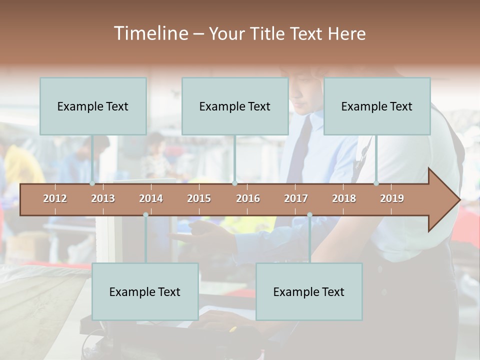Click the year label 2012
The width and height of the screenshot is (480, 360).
click(x=55, y=198)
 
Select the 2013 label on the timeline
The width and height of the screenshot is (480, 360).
click(x=103, y=198)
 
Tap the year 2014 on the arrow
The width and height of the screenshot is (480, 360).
click(x=151, y=198)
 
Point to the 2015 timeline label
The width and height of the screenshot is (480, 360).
click(x=199, y=198)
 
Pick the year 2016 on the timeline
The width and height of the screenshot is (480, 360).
click(x=248, y=198)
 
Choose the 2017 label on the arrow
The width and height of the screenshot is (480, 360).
click(x=296, y=198)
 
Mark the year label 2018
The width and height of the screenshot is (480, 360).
click(x=344, y=198)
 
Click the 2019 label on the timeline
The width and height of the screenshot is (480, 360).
click(x=392, y=198)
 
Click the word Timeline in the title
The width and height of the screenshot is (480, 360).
click(x=150, y=33)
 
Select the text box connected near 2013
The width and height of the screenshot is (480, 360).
click(x=93, y=106)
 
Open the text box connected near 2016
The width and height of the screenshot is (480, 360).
click(x=235, y=106)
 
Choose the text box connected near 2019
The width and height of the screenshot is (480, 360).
click(x=377, y=106)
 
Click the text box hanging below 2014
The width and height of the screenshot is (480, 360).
click(x=145, y=291)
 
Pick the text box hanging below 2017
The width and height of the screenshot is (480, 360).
click(x=309, y=291)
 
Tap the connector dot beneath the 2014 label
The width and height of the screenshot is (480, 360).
click(x=145, y=214)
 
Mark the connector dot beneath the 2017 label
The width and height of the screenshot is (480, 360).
click(x=309, y=214)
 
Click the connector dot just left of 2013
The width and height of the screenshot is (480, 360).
click(x=92, y=183)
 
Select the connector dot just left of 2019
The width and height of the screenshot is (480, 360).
click(x=376, y=183)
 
